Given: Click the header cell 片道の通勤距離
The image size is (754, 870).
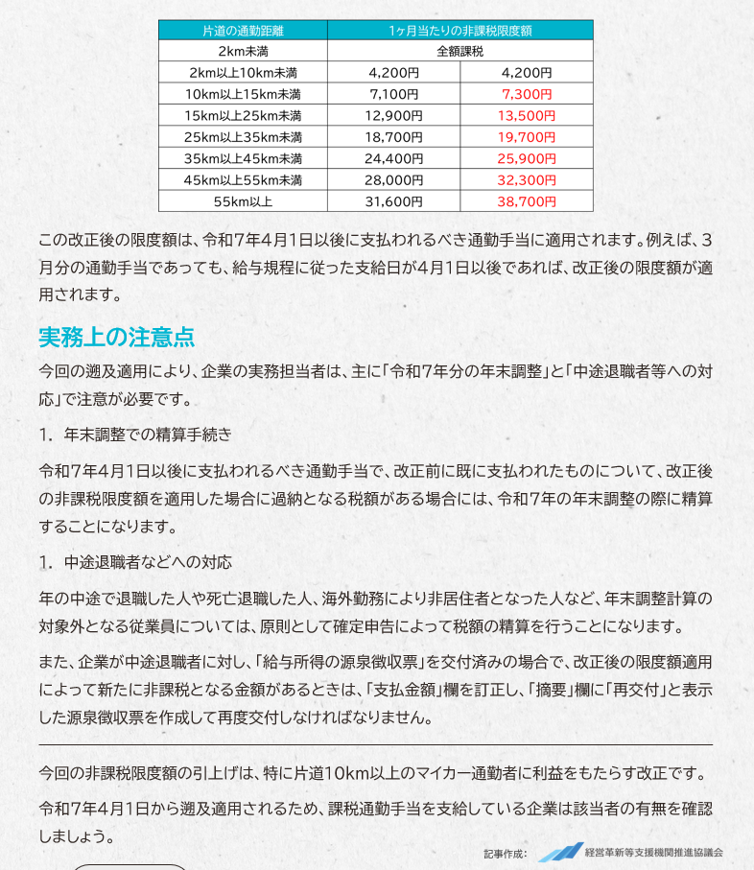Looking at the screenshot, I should [x=243, y=31].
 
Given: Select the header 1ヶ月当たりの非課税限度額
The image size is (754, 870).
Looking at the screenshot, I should [x=459, y=31].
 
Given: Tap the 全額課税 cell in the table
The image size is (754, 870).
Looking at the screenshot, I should [x=459, y=51].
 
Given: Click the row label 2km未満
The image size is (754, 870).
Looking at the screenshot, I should [x=243, y=51].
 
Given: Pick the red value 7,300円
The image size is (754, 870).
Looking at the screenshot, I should [x=527, y=94].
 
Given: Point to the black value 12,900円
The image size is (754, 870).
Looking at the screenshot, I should [x=393, y=115].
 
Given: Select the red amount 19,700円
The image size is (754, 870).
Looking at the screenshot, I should [x=527, y=137].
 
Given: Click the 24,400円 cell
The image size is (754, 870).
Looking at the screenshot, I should [x=393, y=158].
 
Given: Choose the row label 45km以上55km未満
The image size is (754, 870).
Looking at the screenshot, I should [x=243, y=180].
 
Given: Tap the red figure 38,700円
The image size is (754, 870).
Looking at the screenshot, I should [x=527, y=201].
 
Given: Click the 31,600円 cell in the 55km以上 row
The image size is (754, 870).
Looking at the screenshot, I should [x=393, y=201].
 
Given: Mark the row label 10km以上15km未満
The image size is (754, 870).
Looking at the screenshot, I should [x=243, y=94].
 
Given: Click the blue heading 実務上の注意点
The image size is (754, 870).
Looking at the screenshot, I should [x=117, y=337].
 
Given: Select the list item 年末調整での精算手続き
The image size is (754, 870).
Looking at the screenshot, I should [x=148, y=435].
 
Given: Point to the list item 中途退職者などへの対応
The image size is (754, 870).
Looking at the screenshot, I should [x=148, y=562].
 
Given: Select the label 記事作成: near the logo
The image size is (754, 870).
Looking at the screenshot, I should [x=506, y=853].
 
